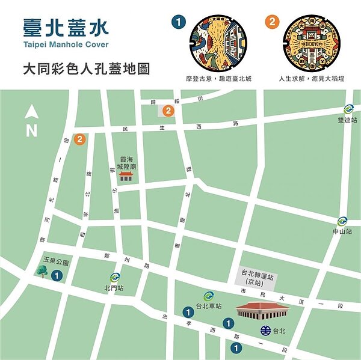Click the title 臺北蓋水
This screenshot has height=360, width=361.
click(67, 26)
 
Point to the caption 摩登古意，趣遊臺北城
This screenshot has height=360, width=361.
click(218, 79)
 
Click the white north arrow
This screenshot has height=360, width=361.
click(32, 111)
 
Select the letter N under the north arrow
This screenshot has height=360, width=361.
click(32, 130)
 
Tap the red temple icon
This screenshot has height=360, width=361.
click(126, 175)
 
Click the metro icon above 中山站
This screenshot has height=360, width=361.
click(342, 221)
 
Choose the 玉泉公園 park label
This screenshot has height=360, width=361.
click(56, 262)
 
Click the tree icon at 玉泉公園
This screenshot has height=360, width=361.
click(42, 272)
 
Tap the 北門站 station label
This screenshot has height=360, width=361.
click(114, 288)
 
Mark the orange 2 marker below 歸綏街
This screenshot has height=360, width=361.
click(168, 111)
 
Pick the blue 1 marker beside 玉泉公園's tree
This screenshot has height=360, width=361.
click(57, 275)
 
